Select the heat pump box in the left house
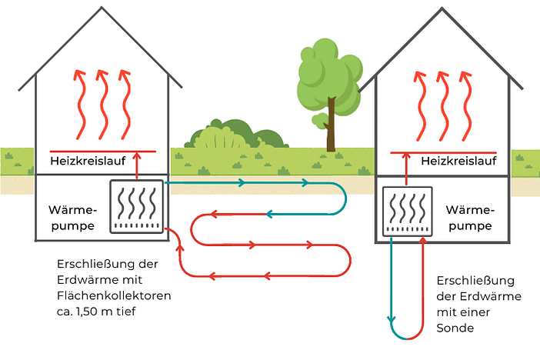pyautogui.click(x=136, y=206)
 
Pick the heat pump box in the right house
pyautogui.click(x=408, y=212)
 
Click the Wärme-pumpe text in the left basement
pyautogui.click(x=72, y=218)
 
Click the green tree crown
pyautogui.click(x=325, y=72)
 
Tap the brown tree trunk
pyautogui.click(x=331, y=127)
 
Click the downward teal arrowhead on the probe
pyautogui.click(x=392, y=316)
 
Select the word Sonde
pyautogui.click(x=455, y=328)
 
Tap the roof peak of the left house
pyautogui.click(x=100, y=10)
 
